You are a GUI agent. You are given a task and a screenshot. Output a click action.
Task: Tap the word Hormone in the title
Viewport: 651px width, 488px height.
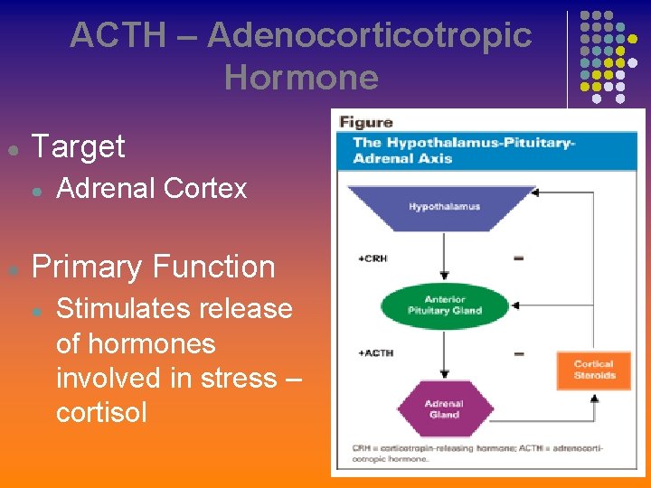[301, 77]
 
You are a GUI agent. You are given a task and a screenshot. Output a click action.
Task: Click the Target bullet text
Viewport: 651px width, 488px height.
[79, 146]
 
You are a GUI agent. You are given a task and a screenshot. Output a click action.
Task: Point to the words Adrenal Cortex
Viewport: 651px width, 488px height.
[151, 188]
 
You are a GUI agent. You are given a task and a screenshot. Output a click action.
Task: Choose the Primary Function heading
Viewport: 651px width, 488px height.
[153, 267]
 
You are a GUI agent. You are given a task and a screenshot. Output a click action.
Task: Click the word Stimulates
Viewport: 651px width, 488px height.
[118, 308]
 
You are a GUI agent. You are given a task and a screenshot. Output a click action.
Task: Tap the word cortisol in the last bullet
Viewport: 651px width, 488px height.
[101, 412]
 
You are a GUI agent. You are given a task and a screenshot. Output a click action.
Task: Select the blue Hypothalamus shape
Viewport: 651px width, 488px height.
[444, 207]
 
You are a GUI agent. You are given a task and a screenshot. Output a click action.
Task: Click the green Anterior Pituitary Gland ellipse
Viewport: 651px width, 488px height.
[444, 305]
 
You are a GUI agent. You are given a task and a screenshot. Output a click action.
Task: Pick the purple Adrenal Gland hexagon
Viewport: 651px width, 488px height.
[444, 409]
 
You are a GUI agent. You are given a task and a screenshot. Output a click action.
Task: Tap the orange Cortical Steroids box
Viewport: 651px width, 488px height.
[593, 370]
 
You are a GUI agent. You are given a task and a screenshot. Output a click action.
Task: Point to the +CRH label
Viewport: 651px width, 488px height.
[372, 259]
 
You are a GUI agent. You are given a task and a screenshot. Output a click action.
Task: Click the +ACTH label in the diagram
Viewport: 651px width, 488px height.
[375, 352]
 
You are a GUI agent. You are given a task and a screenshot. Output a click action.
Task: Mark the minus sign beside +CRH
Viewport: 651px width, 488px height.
[519, 259]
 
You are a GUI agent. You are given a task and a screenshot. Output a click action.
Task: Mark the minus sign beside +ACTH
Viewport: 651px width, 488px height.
[519, 353]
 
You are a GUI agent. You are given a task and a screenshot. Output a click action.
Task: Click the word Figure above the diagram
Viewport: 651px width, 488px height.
[366, 123]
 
